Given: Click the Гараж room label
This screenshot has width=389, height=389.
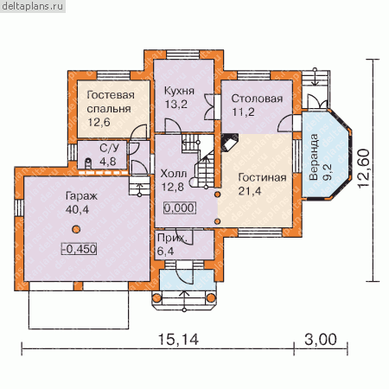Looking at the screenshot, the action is [81, 196].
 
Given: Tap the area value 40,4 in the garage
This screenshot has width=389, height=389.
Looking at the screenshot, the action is [77, 209].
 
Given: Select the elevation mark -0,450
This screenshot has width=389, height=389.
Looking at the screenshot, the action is [79, 249].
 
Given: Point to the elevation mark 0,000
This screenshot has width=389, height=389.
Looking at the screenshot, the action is [180, 207].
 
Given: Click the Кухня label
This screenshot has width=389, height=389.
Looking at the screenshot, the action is [179, 91].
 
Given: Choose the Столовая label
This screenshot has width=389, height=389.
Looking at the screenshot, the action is [257, 99].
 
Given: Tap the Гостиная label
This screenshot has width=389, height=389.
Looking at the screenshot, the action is [262, 177].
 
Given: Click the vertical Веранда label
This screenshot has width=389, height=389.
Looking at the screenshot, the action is [314, 157].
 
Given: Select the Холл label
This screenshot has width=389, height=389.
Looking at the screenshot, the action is [174, 174].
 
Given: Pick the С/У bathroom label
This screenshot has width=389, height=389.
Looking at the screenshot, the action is [109, 148].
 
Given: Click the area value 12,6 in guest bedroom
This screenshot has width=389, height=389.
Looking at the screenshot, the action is [99, 122].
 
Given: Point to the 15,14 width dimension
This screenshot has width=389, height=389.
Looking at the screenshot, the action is [178, 340].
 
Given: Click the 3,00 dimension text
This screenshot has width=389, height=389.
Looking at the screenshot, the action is [321, 340].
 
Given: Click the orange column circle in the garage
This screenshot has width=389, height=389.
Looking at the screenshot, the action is [76, 229].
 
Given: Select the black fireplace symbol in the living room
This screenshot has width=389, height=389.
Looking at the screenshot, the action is [230, 142].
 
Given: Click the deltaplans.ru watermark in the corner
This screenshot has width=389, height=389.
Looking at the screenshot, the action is [33, 6].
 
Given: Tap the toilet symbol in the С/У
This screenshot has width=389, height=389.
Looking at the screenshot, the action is [88, 163].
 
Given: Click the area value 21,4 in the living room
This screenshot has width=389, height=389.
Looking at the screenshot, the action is [250, 191].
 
